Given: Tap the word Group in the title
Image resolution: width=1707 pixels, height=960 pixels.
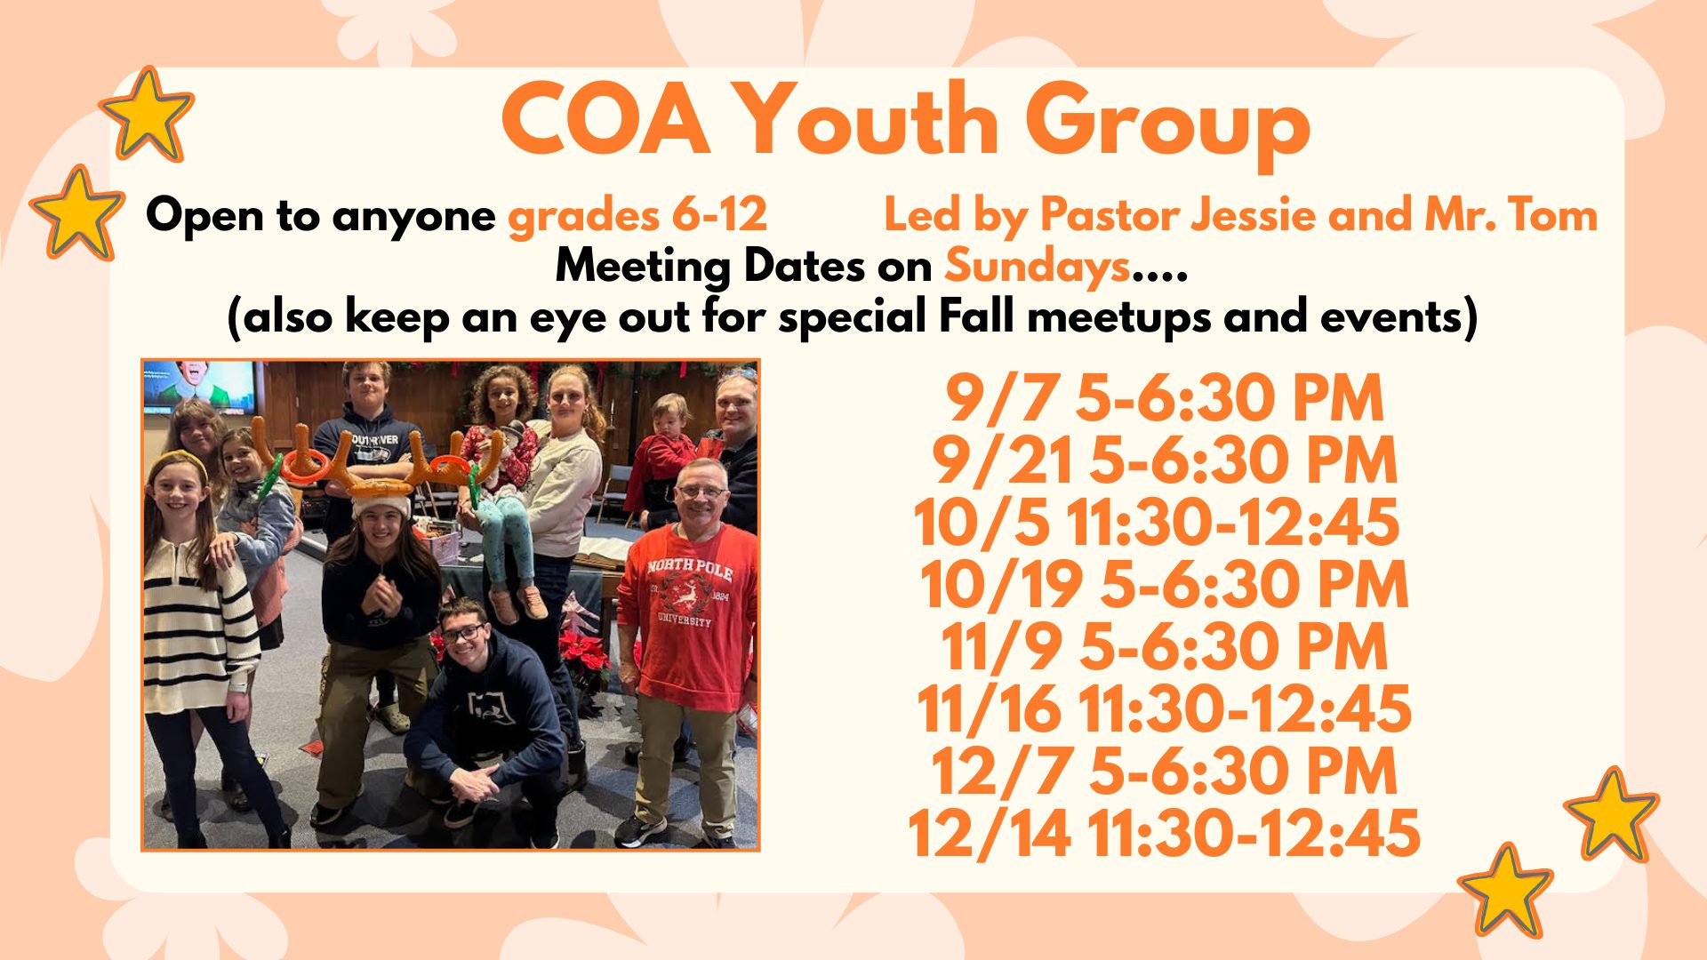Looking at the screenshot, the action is (1167, 126).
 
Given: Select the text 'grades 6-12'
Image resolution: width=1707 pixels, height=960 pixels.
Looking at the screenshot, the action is (637, 216).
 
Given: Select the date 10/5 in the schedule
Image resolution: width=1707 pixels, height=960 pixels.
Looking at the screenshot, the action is (982, 523).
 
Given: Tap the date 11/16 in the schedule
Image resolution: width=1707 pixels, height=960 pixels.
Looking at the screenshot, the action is (989, 709).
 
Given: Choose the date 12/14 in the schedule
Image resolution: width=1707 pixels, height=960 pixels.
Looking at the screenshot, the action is (989, 834).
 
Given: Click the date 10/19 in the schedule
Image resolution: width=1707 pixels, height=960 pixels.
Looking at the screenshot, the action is (1001, 585).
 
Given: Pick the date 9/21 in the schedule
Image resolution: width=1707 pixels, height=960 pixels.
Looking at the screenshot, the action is (1004, 461).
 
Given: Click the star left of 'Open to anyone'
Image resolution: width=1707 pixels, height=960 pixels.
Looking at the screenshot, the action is (76, 213).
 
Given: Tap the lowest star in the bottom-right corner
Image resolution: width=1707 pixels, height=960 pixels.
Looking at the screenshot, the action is (1505, 890).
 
